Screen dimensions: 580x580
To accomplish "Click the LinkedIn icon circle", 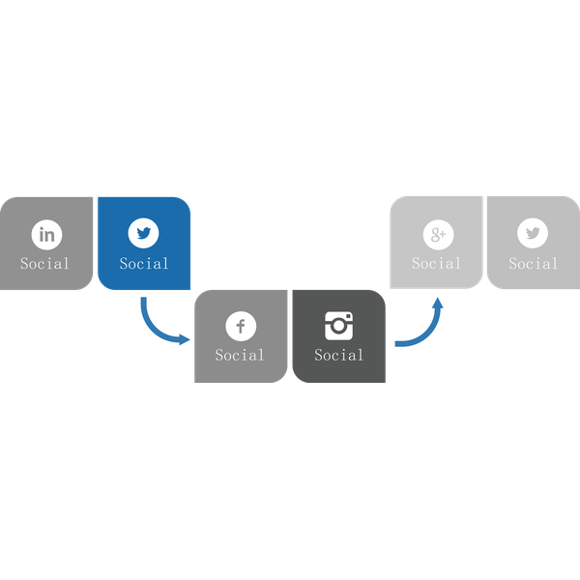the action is tap(47, 235).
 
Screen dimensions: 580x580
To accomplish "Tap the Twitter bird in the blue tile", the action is tap(143, 233).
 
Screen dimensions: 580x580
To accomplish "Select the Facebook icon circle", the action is tap(241, 326).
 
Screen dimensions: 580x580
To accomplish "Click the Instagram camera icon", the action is tap(339, 326).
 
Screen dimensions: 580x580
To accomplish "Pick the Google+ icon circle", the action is tap(438, 235).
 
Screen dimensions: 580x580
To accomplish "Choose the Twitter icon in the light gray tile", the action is tap(533, 233).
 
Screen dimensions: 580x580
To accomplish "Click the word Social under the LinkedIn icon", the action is tap(44, 263).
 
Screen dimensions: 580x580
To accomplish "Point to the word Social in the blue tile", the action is tap(144, 263).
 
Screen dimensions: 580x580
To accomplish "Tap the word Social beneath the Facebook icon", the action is tap(240, 355).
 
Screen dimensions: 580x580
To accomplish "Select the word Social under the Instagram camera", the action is tap(339, 355).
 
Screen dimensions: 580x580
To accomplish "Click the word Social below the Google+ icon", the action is tap(437, 263).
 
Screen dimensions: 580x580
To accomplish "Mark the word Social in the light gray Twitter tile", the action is tap(533, 263).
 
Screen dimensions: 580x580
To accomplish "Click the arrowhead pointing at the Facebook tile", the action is tap(185, 339).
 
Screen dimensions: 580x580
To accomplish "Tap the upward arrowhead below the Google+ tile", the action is tap(438, 303).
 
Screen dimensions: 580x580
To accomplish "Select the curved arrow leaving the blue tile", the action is tap(154, 330).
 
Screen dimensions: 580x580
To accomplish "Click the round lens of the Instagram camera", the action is tap(338, 326).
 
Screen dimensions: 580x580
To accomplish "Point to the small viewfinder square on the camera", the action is tap(348, 316).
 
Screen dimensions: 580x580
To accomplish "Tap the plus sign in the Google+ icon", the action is tap(443, 233).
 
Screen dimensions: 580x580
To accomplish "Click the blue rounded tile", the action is tap(144, 244).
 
